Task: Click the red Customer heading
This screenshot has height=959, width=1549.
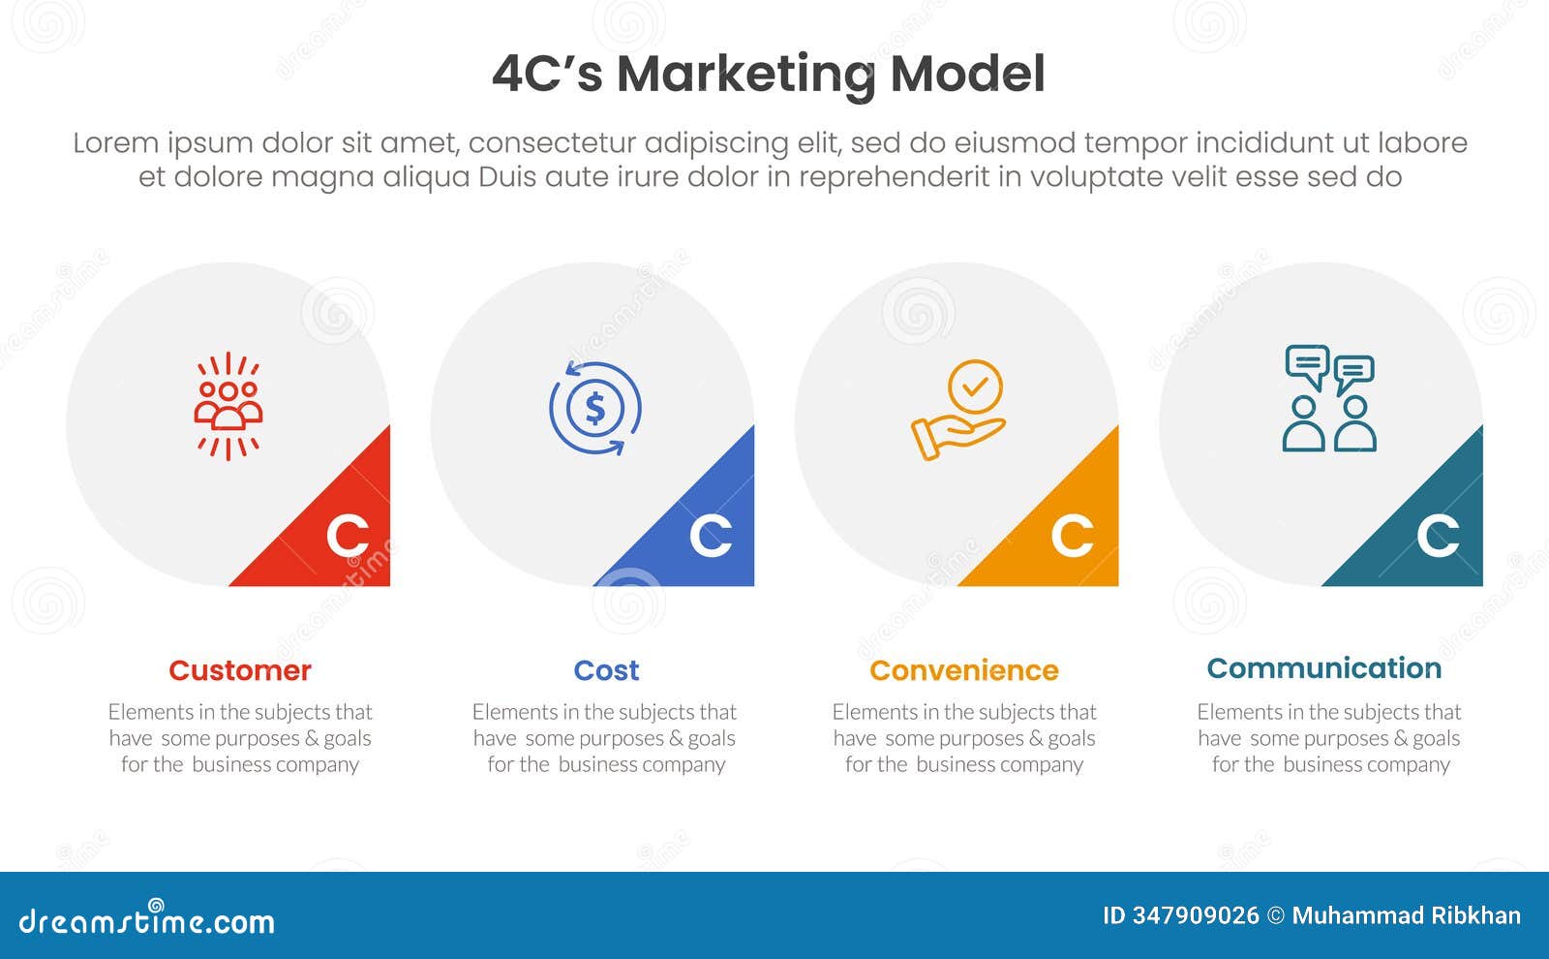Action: (x=239, y=670)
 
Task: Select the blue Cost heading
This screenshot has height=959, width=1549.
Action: (x=606, y=670)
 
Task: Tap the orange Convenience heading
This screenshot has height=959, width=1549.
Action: (x=963, y=670)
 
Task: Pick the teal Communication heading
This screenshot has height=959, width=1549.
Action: (x=1323, y=668)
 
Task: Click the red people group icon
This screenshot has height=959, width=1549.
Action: (x=228, y=406)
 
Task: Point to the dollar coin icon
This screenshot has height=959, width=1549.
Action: (x=594, y=408)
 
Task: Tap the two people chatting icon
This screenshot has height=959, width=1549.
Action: (x=1329, y=398)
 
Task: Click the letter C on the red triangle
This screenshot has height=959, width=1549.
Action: (x=348, y=536)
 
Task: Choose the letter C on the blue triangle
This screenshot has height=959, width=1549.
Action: (x=711, y=536)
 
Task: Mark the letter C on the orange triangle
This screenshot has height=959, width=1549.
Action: (x=1073, y=536)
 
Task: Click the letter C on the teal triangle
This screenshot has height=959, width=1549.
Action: (x=1438, y=536)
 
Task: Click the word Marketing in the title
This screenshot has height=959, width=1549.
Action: (x=745, y=75)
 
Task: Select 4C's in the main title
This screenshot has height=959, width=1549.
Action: (x=547, y=75)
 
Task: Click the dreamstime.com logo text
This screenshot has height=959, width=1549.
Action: (x=147, y=920)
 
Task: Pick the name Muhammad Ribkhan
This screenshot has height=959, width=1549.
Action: (x=1406, y=915)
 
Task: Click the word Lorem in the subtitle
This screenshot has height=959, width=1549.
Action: (x=116, y=143)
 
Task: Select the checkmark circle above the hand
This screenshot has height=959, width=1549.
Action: (x=975, y=387)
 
